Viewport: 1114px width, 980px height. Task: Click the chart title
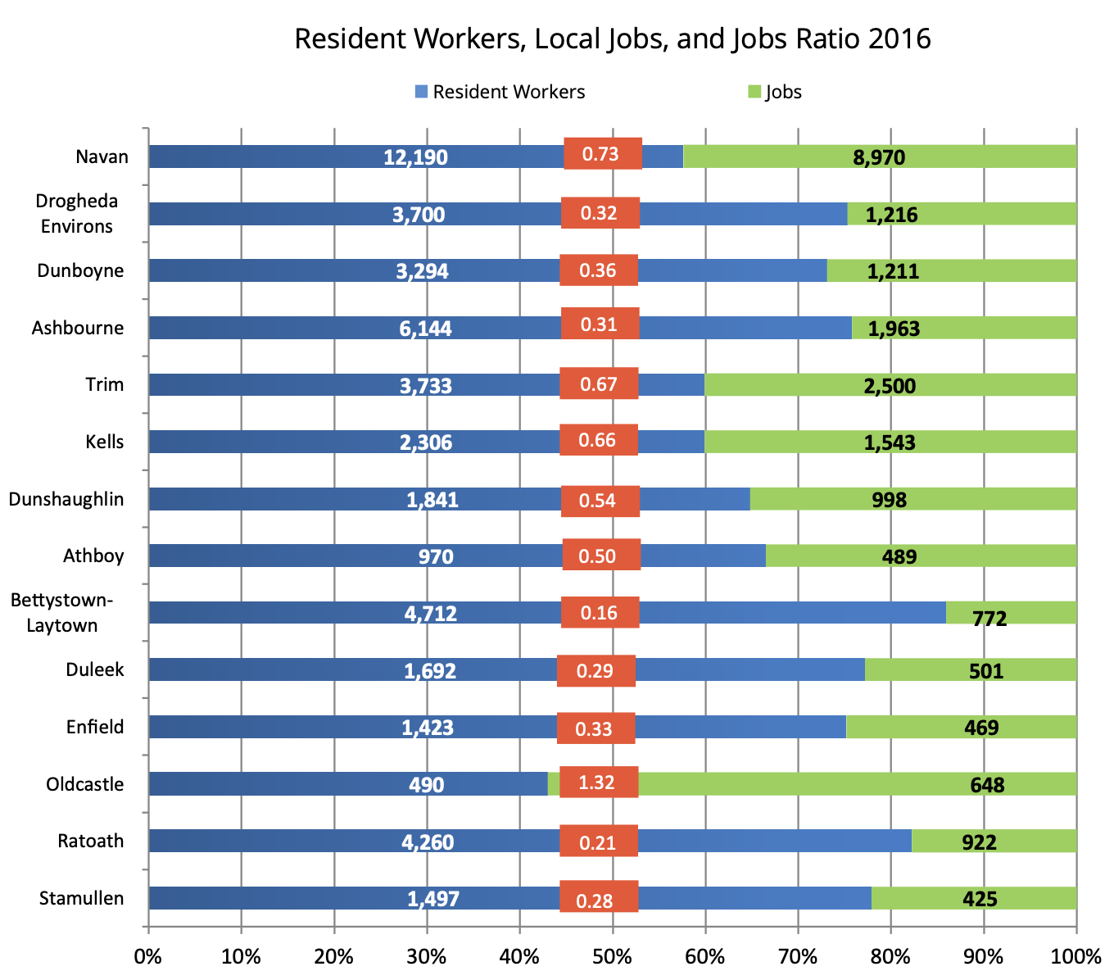tap(612, 39)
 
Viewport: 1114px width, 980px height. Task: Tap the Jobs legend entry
tap(775, 92)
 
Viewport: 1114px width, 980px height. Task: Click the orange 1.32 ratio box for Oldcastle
tap(598, 783)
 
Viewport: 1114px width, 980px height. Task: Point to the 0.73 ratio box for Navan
tap(602, 154)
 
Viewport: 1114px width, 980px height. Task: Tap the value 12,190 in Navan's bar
tap(415, 157)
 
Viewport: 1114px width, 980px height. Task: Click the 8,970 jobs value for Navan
tap(878, 157)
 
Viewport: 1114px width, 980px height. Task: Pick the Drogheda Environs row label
tap(77, 214)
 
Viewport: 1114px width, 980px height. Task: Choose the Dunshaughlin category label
tap(66, 499)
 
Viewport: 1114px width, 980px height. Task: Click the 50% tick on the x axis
tap(612, 956)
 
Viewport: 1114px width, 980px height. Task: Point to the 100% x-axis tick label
tap(1076, 956)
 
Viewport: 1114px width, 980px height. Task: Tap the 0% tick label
tap(148, 956)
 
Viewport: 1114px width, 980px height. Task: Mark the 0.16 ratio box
tap(600, 613)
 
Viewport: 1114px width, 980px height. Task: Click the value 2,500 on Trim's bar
tap(890, 386)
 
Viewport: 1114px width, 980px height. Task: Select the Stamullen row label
tap(81, 899)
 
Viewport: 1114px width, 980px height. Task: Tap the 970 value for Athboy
tap(435, 557)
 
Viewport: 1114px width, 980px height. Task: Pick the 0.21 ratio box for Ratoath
tap(598, 842)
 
